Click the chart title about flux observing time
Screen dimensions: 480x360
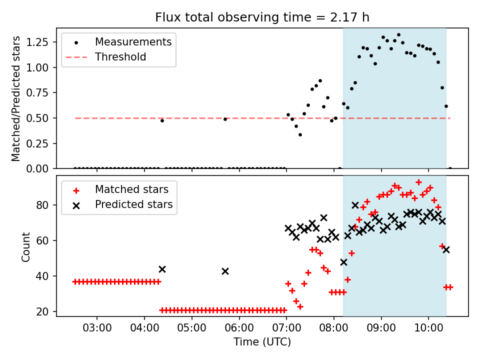pos(262,17)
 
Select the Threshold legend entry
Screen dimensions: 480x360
pos(106,57)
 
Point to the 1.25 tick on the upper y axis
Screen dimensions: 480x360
pos(37,42)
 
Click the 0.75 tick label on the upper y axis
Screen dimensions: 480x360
pos(37,93)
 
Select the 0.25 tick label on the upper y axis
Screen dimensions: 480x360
pos(37,143)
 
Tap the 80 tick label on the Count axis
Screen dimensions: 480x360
pos(42,205)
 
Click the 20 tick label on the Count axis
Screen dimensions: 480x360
pos(42,311)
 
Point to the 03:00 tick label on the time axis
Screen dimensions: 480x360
pos(97,328)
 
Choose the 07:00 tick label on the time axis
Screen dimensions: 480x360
pos(286,328)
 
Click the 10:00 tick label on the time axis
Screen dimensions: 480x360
pos(428,328)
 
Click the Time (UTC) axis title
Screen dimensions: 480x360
pos(262,342)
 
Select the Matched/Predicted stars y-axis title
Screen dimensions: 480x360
pos(15,98)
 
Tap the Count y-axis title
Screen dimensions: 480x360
pos(25,246)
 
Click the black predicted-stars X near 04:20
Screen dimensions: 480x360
pos(162,269)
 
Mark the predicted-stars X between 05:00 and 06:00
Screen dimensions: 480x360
pos(225,271)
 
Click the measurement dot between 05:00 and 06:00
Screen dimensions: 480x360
pos(225,119)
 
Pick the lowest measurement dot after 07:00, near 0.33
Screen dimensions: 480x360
pos(300,134)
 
